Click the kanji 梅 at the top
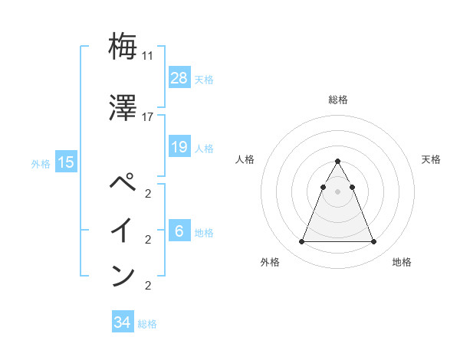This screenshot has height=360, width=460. [123, 47]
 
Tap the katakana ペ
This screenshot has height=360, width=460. [123, 185]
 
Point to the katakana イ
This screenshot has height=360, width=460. [123, 231]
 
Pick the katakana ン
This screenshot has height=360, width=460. [123, 275]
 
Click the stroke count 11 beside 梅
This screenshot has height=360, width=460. [148, 56]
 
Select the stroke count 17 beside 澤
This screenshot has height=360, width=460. [148, 117]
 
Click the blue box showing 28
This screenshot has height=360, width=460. [179, 78]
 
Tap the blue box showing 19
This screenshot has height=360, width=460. [179, 147]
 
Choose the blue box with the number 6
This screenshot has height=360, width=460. [179, 231]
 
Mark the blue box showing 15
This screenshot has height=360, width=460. [66, 162]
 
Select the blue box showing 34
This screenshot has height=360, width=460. [122, 322]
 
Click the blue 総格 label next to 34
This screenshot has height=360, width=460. [147, 324]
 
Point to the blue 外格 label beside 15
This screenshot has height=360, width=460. [41, 163]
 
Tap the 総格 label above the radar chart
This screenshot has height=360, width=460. [338, 100]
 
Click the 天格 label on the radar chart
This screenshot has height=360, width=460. [432, 159]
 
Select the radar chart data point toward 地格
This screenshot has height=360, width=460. [374, 242]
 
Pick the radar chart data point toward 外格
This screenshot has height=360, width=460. [301, 242]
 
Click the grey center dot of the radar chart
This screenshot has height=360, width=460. [337, 191]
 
